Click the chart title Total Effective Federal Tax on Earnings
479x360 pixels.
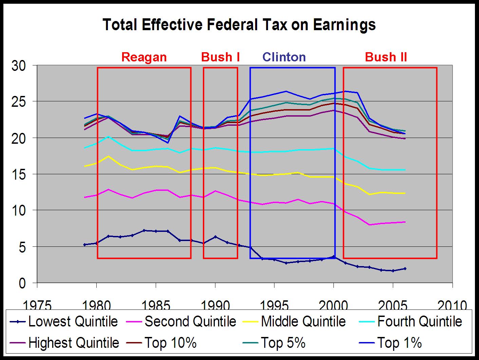[x=239, y=25]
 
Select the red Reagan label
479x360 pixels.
[x=144, y=57]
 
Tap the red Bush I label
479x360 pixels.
[x=221, y=57]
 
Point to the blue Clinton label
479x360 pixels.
[x=284, y=57]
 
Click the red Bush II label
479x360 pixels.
[x=386, y=57]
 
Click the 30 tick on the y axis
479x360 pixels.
[x=19, y=66]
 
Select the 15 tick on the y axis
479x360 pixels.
[x=19, y=174]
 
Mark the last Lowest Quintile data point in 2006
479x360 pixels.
[x=405, y=269]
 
